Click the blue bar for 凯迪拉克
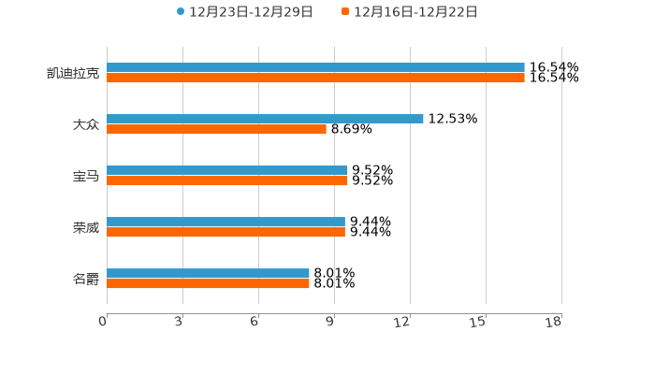click(315, 67)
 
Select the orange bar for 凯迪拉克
click(315, 78)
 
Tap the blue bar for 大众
click(265, 119)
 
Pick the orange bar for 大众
click(216, 129)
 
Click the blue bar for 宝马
click(227, 170)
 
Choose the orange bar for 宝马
click(227, 180)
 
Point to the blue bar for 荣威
click(226, 222)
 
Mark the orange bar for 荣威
click(226, 232)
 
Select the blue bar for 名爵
click(208, 273)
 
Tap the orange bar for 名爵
click(208, 283)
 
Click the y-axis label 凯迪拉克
click(73, 73)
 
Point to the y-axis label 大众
click(85, 124)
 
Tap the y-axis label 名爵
click(85, 279)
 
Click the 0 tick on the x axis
click(104, 322)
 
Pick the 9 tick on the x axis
click(330, 322)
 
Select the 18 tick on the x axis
click(553, 322)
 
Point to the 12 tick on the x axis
click(402, 322)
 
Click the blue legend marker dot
click(181, 12)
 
